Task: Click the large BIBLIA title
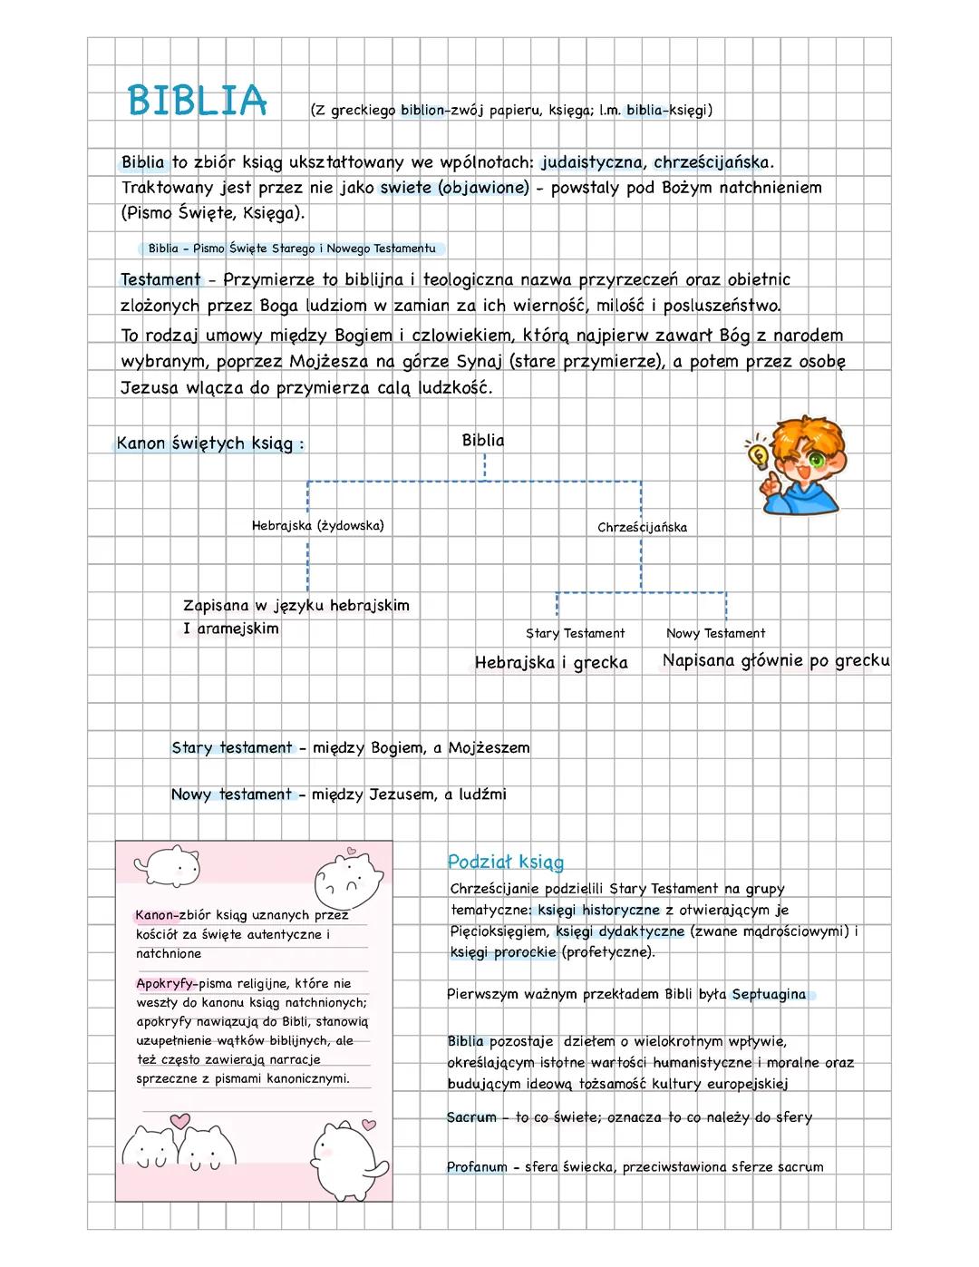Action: click(x=197, y=101)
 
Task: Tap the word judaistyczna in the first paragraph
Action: click(x=592, y=163)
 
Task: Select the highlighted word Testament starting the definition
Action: click(x=160, y=279)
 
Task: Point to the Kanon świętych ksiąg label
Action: click(x=209, y=443)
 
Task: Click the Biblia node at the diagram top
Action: click(x=483, y=441)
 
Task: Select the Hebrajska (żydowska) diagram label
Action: click(x=317, y=525)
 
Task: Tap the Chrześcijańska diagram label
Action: click(x=642, y=527)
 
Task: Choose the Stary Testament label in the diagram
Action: click(x=575, y=633)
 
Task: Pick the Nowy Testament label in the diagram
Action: click(x=715, y=633)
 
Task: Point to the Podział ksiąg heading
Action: click(x=505, y=862)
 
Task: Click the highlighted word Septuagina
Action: click(x=769, y=994)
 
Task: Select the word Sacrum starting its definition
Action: click(x=471, y=1117)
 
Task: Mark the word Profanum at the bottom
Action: click(x=477, y=1167)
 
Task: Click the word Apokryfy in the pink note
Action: click(x=166, y=983)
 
